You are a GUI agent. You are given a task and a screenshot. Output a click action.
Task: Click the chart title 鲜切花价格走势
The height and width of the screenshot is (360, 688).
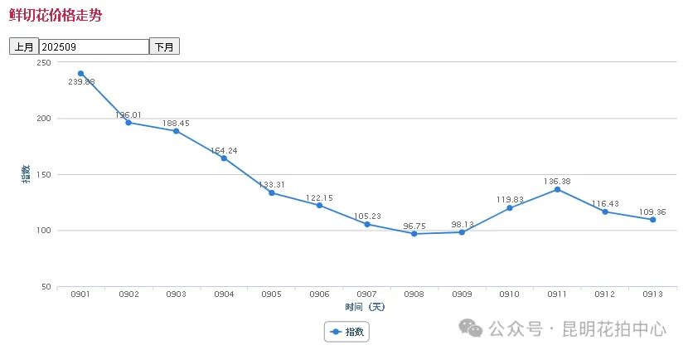click(x=56, y=16)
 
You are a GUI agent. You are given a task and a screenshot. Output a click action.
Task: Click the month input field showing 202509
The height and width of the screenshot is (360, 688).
click(x=94, y=46)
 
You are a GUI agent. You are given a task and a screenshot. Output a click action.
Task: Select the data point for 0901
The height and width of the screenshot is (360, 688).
click(x=80, y=74)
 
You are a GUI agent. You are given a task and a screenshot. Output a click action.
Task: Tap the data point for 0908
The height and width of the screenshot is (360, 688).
click(x=414, y=234)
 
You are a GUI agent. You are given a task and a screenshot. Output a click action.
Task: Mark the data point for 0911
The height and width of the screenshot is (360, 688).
click(x=557, y=189)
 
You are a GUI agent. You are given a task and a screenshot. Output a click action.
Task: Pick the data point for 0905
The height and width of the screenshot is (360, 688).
click(x=271, y=192)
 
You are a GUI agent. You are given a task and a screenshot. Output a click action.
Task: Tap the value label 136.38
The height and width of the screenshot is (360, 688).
click(x=557, y=181)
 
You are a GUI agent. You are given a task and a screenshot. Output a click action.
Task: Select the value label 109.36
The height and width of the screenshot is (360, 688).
click(x=652, y=211)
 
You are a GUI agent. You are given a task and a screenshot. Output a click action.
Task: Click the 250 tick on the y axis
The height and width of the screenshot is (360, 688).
click(x=45, y=63)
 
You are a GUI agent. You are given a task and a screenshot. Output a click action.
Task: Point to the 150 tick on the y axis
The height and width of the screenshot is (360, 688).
click(x=45, y=175)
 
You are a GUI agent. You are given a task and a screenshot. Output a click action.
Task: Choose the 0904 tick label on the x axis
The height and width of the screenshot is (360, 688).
click(x=224, y=294)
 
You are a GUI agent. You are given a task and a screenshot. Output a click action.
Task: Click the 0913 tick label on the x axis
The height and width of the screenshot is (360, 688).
click(x=652, y=294)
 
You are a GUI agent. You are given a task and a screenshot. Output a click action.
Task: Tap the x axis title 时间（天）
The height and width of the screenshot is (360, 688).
click(x=366, y=307)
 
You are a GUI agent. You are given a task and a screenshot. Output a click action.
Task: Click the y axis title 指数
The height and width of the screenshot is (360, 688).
click(x=27, y=174)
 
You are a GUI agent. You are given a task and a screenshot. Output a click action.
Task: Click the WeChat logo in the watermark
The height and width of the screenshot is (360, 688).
click(x=471, y=328)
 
